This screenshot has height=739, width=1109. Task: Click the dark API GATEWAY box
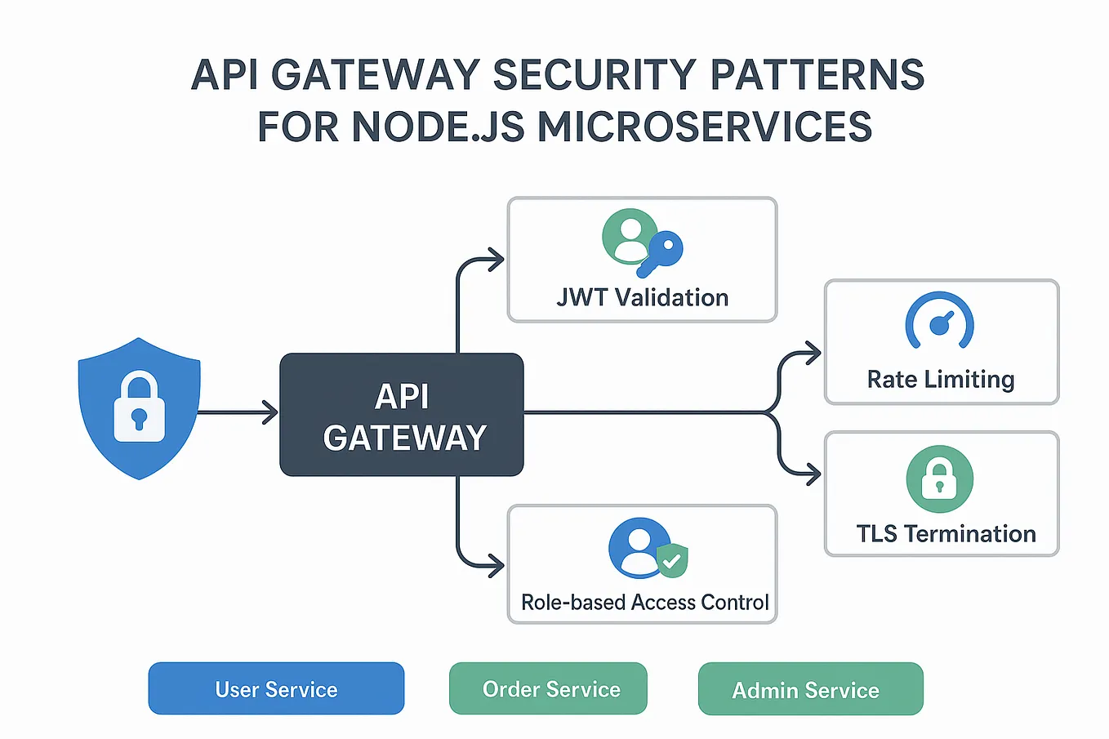[x=401, y=415]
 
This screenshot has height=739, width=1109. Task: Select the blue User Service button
[x=276, y=689]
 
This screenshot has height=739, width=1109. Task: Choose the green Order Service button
[x=548, y=689]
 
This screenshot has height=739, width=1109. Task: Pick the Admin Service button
[x=810, y=690]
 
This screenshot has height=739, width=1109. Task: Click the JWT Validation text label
[x=642, y=298]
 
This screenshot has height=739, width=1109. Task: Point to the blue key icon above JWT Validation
[x=663, y=252]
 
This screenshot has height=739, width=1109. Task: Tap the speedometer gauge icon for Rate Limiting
[x=940, y=322]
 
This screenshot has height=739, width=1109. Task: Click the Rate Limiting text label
[x=941, y=380]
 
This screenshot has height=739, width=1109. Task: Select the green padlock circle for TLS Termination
[x=939, y=479]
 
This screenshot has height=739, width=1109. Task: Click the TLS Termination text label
[x=946, y=534]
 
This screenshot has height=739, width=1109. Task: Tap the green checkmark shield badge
[x=672, y=561]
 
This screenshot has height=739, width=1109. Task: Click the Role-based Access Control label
[x=644, y=603]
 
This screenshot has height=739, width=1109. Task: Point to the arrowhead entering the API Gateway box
[x=270, y=412]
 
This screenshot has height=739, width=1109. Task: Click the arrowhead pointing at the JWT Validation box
[x=496, y=260]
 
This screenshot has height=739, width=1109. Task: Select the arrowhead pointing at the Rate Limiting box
[x=813, y=354]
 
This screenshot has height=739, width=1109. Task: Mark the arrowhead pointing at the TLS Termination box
[x=813, y=474]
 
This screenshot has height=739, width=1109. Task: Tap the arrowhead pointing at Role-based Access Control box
[x=496, y=565]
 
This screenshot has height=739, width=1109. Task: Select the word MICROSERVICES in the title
[x=705, y=127]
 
